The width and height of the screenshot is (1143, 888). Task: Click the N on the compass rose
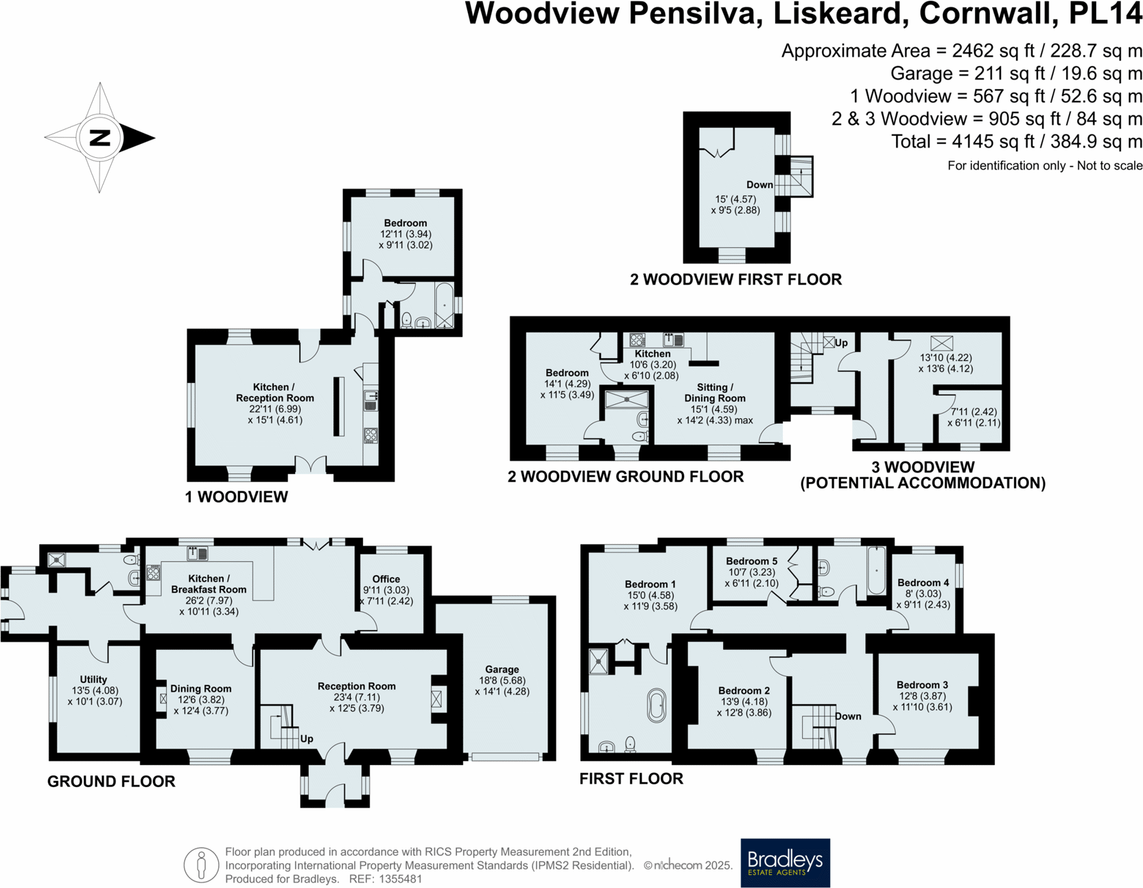pos(100,138)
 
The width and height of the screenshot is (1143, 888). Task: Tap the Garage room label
pos(502,669)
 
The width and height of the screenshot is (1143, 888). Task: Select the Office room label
pos(386,579)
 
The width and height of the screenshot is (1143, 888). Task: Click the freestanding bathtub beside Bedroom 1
pos(657,705)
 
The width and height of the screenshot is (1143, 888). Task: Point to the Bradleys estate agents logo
pos(785,863)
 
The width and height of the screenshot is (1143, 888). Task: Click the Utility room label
pos(93,679)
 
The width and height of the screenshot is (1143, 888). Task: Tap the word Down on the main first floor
pos(848,716)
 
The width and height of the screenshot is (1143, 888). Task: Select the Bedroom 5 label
pos(751,561)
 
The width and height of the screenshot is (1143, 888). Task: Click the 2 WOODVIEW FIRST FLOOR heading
pos(735,279)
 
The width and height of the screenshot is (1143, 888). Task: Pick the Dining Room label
pos(200,688)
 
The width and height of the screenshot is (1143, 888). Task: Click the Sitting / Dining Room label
pos(714,393)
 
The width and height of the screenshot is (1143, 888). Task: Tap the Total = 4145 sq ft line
pos(1016,142)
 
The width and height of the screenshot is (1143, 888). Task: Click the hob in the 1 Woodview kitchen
pos(370,434)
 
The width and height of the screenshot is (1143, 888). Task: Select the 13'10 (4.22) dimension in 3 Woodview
pos(945,358)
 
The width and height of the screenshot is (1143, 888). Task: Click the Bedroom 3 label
pos(922,685)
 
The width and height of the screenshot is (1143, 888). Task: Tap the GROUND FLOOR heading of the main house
pos(111,781)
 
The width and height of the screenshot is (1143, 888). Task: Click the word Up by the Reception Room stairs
pos(307,738)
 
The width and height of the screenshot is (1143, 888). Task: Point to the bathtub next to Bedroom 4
pos(876,570)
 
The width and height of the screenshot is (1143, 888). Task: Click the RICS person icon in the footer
pos(201,865)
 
